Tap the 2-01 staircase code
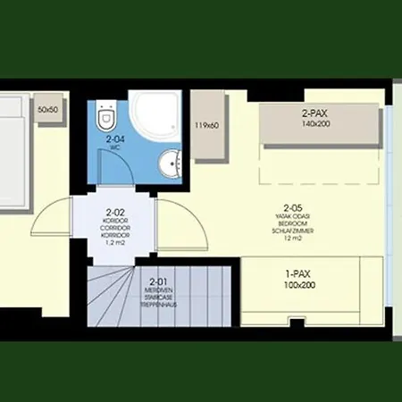pos(159,283)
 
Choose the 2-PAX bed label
pos(317,113)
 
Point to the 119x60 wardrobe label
pos(206,125)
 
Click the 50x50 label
pos(48,110)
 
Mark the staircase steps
pos(112,299)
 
